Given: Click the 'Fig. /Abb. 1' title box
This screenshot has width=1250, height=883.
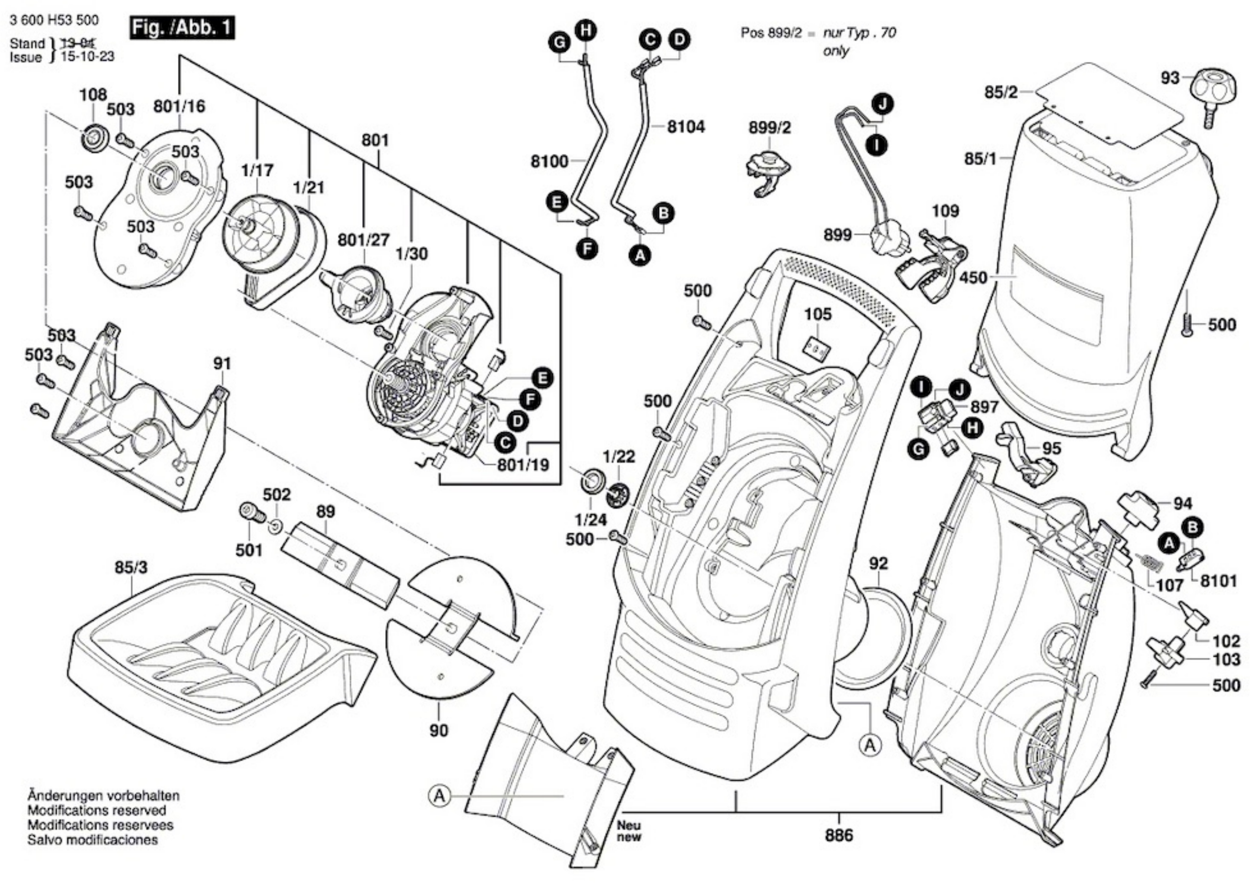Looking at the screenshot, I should tap(182, 28).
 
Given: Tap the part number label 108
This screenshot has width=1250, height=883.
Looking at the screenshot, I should tap(93, 95).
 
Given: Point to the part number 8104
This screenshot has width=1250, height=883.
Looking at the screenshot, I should tap(686, 127).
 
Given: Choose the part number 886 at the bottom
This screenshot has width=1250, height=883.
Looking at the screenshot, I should tap(839, 835).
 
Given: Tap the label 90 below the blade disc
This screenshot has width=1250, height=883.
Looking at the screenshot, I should tap(439, 731).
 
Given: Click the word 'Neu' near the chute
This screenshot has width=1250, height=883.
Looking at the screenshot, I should tap(629, 825).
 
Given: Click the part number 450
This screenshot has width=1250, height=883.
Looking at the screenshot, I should tap(973, 278).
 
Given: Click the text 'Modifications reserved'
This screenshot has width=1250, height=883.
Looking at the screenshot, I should tap(97, 811).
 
